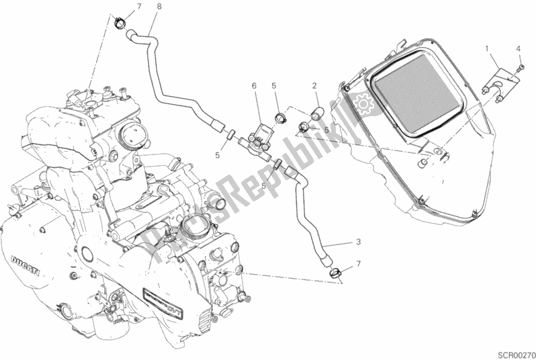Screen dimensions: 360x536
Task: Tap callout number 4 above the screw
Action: click(x=518, y=48)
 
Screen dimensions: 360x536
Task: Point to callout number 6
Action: click(x=255, y=85)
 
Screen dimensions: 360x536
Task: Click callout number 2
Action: click(x=314, y=85)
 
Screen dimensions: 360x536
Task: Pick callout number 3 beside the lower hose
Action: click(x=359, y=242)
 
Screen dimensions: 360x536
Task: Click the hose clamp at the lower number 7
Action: click(x=337, y=272)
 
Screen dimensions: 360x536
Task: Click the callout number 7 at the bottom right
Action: click(x=359, y=263)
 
